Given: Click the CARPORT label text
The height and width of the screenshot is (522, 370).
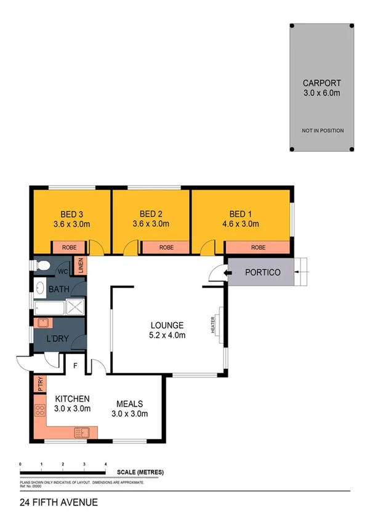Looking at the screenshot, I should (x=321, y=83).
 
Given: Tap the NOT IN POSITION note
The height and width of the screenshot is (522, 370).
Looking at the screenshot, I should (x=321, y=131).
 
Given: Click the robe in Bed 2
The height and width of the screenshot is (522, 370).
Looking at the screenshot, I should (x=165, y=248).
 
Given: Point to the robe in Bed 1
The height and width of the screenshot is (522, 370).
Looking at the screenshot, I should (x=258, y=248).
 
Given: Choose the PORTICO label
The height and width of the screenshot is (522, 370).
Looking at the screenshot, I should (x=263, y=272).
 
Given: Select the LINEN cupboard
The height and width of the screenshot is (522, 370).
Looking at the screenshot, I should (x=81, y=266).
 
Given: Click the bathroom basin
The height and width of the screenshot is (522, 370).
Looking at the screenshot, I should (x=40, y=288).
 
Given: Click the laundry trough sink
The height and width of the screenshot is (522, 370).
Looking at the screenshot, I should (x=43, y=322).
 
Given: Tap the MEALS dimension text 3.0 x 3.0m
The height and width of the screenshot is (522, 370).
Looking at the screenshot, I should (x=131, y=414).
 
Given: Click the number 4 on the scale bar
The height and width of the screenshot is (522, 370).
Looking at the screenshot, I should (x=105, y=464).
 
